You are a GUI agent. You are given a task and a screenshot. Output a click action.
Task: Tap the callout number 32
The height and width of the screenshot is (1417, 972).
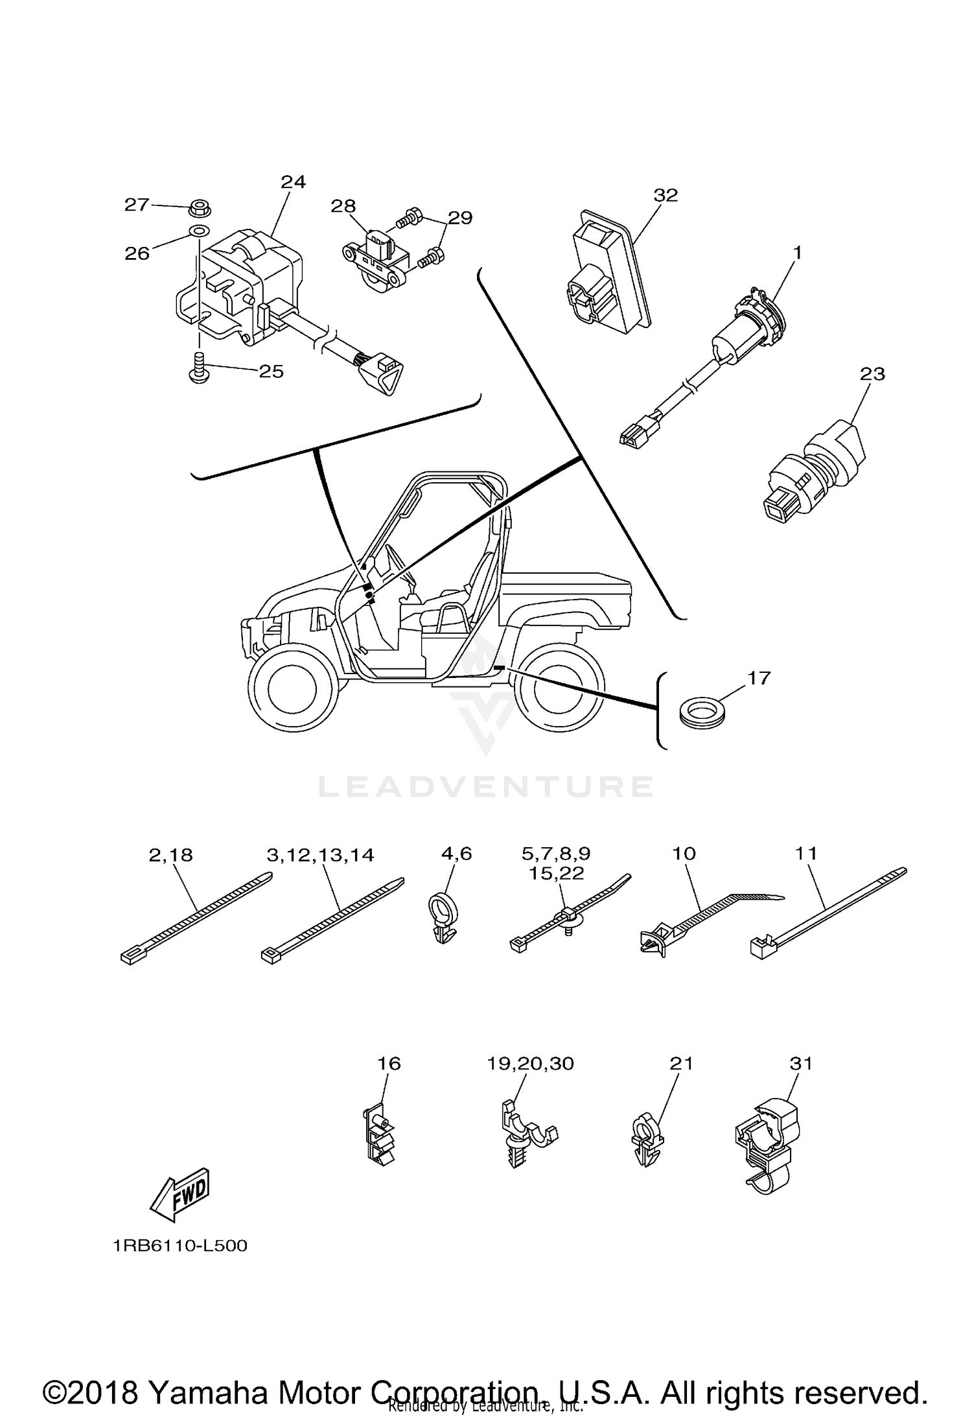tap(665, 195)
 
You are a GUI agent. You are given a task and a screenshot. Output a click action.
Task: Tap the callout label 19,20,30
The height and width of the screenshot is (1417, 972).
tap(531, 1064)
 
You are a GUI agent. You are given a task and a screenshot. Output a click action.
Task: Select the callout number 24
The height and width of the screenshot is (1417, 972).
tap(293, 182)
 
